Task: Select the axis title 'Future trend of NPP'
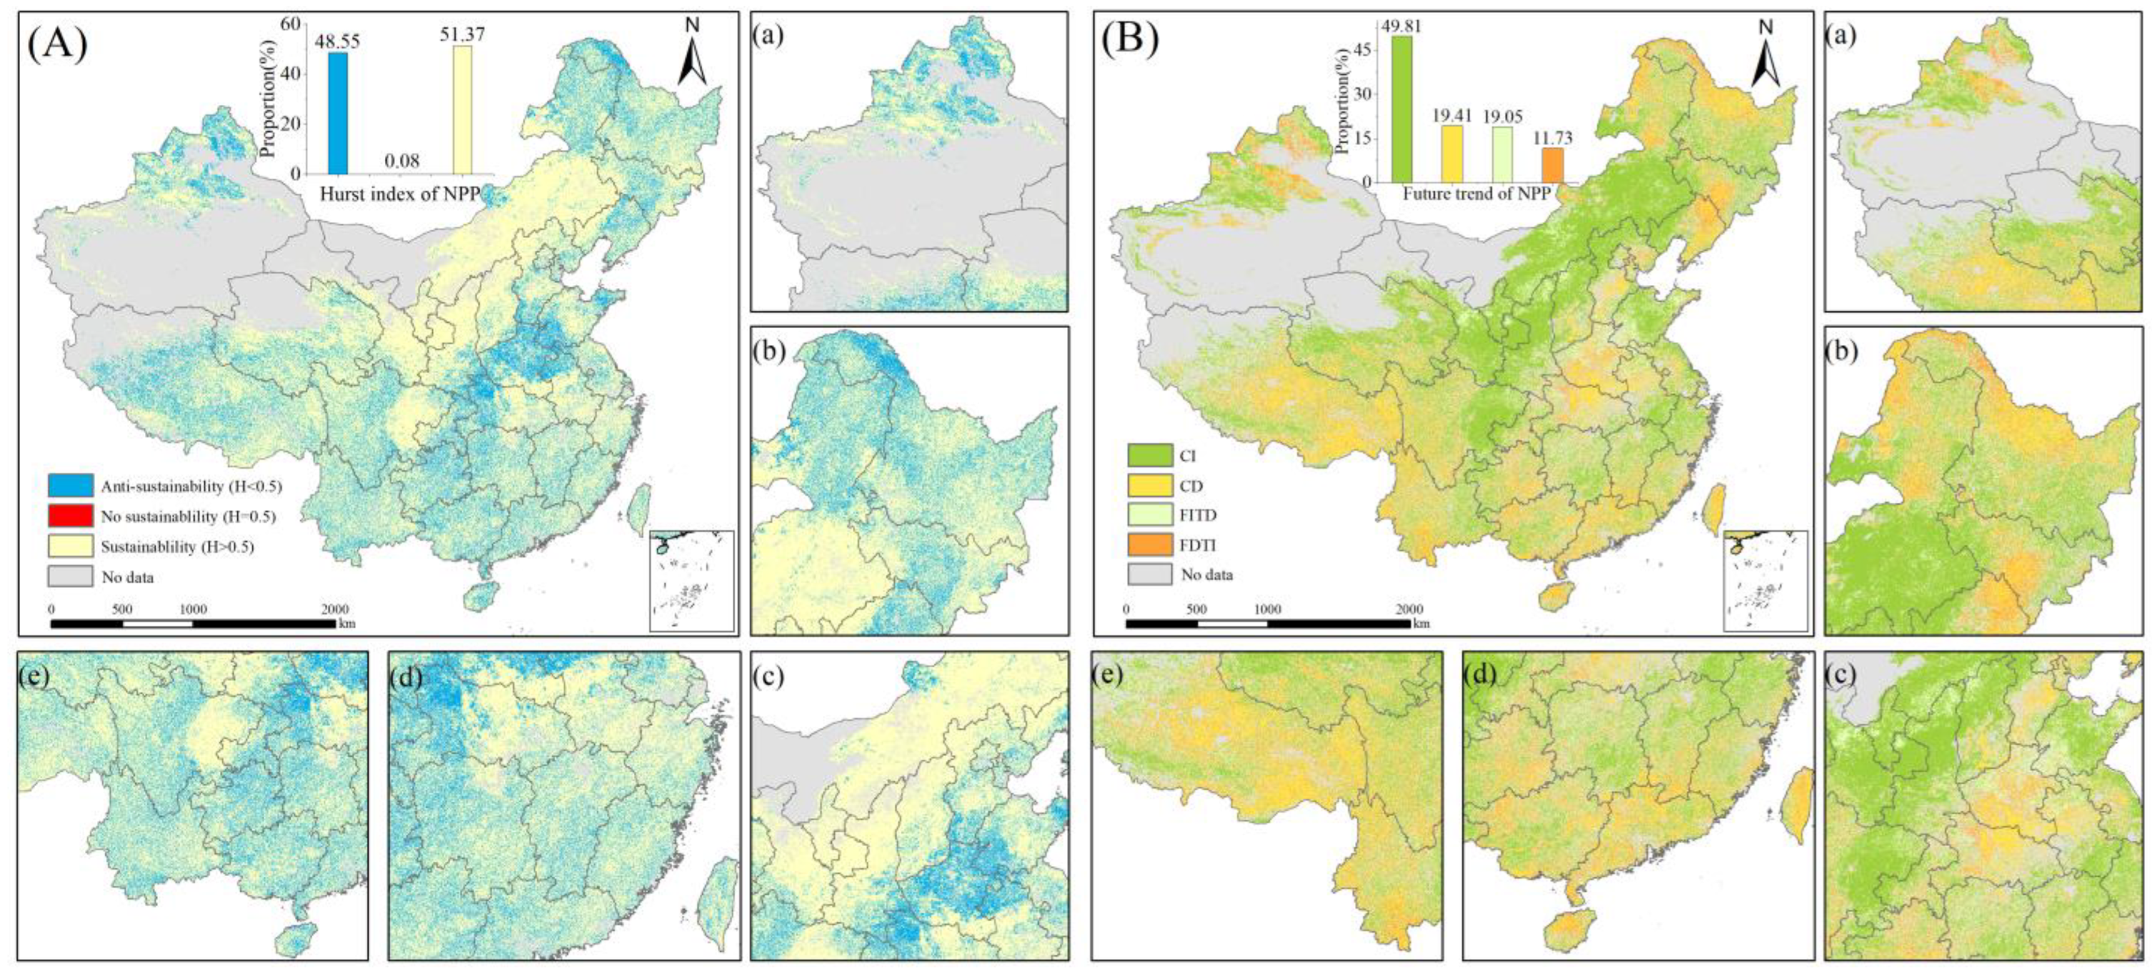pos(1476,194)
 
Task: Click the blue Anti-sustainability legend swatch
pos(70,485)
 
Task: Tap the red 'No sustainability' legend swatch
pos(70,515)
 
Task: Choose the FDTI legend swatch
pos(1149,545)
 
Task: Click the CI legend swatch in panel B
pos(1149,456)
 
